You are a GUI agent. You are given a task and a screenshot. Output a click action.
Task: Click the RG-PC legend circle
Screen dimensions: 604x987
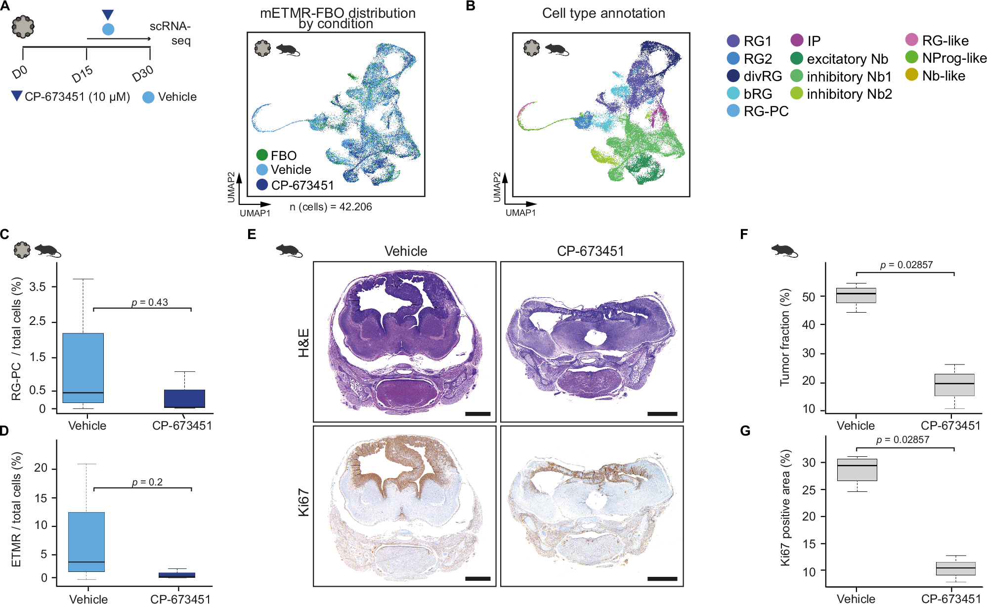(733, 111)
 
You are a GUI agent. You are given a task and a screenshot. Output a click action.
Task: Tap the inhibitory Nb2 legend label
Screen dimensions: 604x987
(849, 94)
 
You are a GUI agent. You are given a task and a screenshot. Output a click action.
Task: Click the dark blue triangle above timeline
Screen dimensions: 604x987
(108, 15)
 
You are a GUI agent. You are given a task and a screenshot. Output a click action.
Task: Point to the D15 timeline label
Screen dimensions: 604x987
(82, 74)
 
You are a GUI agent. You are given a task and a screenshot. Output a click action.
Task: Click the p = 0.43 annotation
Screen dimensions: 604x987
(150, 302)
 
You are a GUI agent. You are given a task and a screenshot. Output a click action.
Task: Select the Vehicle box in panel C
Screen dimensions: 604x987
(83, 368)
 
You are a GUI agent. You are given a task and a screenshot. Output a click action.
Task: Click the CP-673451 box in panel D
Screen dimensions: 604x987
(176, 575)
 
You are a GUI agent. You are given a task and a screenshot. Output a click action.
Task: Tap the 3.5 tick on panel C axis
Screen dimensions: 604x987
(38, 286)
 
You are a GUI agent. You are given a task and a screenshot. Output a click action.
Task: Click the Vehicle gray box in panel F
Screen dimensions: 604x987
(856, 295)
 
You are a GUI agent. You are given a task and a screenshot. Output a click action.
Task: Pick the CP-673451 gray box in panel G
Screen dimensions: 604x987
(956, 568)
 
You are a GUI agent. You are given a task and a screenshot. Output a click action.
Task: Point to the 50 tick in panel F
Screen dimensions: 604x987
(809, 297)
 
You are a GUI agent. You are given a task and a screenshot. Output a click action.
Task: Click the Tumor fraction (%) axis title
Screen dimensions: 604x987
(784, 337)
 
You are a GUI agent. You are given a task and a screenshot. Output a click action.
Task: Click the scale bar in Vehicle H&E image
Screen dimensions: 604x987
(477, 414)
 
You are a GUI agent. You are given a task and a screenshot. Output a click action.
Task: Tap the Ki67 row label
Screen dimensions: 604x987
(303, 503)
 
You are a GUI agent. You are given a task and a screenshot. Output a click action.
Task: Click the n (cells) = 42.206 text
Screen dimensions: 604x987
(330, 207)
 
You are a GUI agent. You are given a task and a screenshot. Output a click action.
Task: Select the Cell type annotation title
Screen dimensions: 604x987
(603, 13)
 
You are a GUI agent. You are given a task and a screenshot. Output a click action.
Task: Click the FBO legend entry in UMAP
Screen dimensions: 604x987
(277, 156)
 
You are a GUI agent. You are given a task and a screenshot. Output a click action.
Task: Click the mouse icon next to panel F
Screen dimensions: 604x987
(784, 250)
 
